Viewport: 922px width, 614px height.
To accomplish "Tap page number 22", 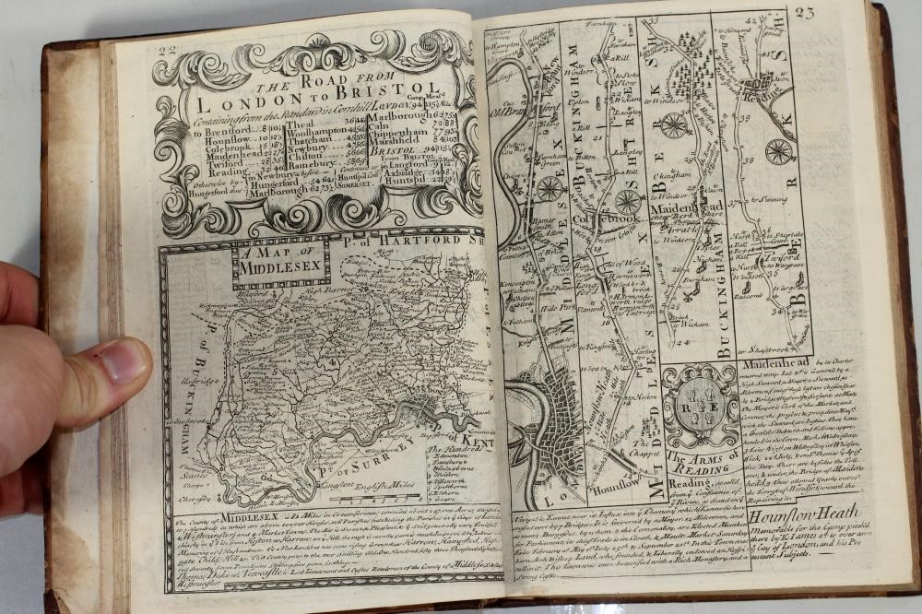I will coord(169,53).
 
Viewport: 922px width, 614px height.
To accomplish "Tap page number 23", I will coord(804,13).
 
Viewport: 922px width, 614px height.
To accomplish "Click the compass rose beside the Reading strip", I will coord(779,150).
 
